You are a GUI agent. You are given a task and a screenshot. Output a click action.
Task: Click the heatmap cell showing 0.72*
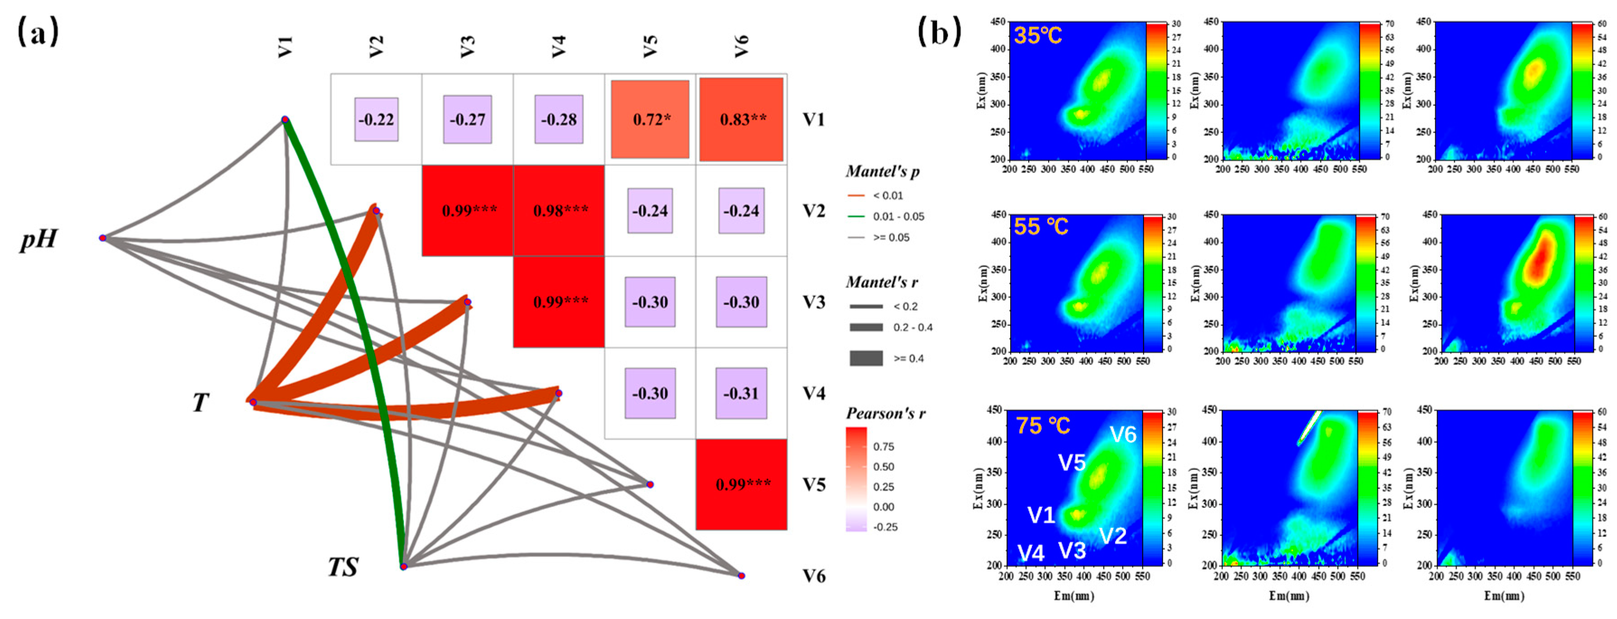click(x=650, y=119)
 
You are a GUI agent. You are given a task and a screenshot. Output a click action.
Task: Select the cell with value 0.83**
click(x=741, y=119)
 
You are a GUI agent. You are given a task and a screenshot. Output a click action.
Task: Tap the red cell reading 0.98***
click(x=559, y=210)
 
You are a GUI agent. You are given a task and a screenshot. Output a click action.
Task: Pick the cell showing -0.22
click(x=376, y=119)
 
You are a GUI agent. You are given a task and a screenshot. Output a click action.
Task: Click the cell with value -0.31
click(x=741, y=393)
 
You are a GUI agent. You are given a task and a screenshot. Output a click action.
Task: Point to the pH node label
click(x=39, y=239)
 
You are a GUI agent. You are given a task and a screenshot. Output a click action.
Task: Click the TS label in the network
click(x=343, y=567)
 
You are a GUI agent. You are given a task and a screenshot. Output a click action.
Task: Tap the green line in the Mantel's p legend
click(x=856, y=216)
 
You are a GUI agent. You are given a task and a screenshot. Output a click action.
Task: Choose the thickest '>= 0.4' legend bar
click(x=866, y=358)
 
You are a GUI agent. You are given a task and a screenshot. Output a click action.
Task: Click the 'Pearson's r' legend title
click(x=885, y=413)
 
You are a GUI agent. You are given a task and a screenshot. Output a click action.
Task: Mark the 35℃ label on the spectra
click(x=1038, y=36)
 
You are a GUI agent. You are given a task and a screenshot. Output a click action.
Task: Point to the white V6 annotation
click(x=1123, y=435)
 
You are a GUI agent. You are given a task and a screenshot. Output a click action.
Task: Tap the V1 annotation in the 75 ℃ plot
click(x=1041, y=515)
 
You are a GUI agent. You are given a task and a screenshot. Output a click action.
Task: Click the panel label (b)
click(x=939, y=31)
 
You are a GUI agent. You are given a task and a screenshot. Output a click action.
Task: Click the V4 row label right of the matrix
click(x=814, y=394)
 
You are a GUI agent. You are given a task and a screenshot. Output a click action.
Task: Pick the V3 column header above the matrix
click(x=467, y=47)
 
